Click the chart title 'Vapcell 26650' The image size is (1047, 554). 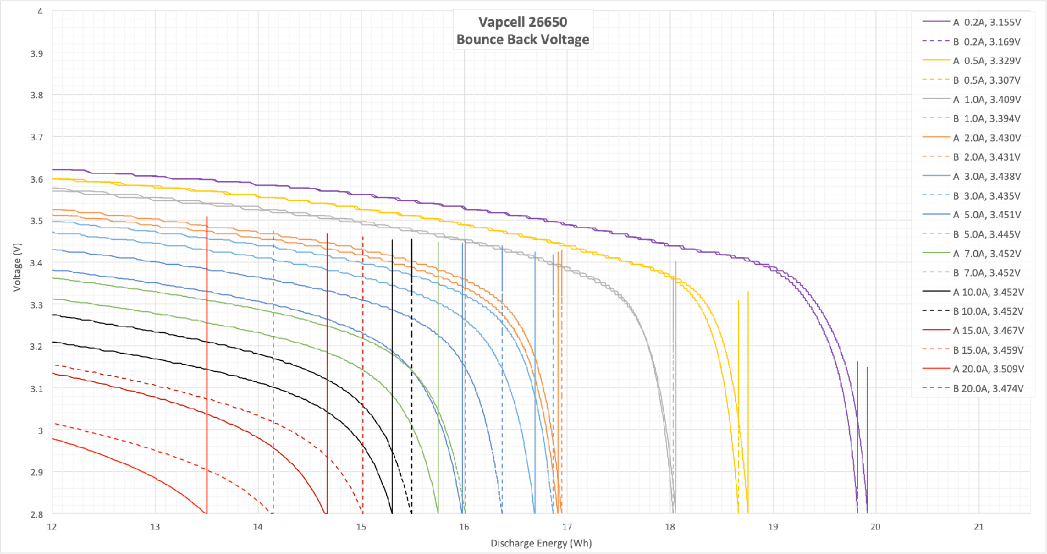522,22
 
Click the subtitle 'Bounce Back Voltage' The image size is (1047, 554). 522,40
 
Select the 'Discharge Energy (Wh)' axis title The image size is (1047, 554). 541,543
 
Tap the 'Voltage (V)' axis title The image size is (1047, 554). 17,267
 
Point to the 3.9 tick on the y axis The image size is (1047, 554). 37,54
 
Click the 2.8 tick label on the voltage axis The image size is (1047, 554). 37,514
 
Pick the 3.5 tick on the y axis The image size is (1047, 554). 37,221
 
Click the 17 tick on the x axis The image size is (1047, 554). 567,527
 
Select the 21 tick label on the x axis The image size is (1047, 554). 978,527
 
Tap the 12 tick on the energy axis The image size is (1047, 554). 52,527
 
